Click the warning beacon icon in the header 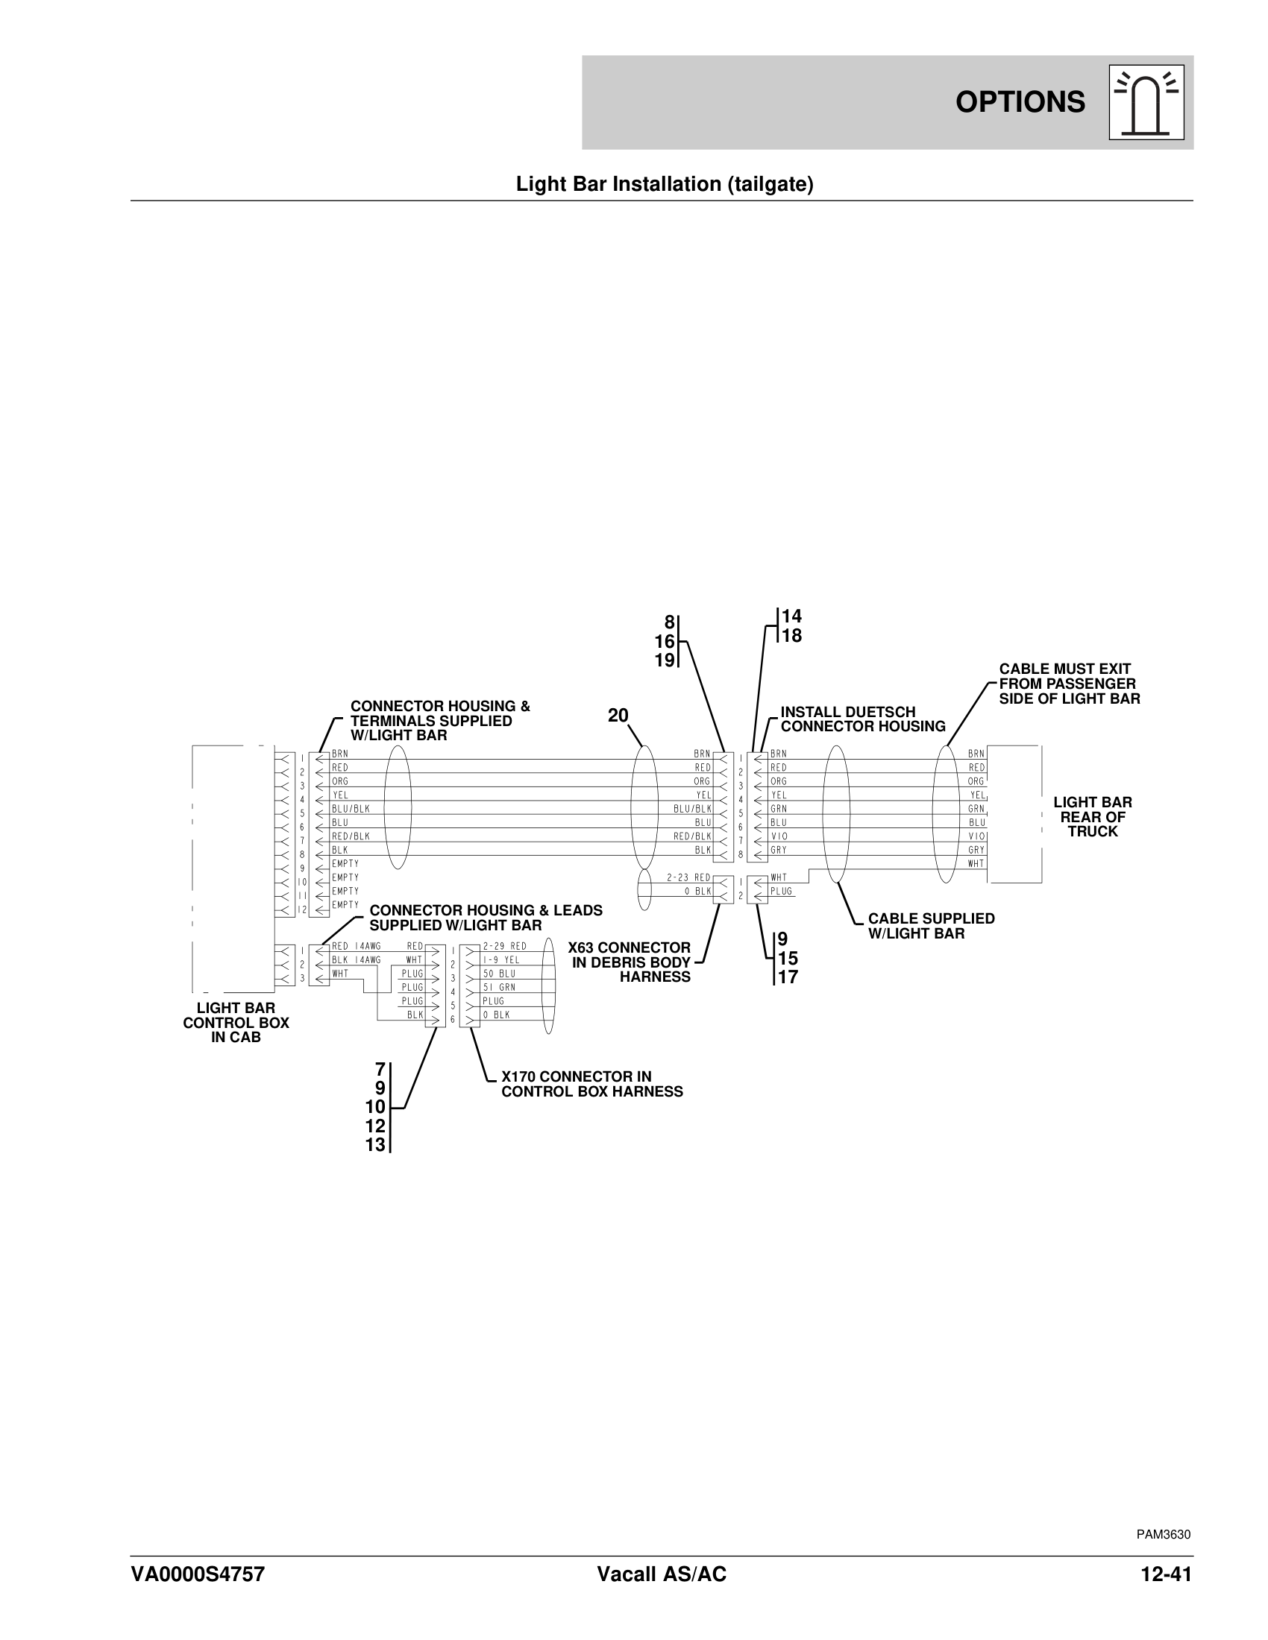click(1146, 102)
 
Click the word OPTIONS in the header click(1020, 102)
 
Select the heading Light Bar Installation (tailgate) click(664, 185)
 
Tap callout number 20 click(618, 716)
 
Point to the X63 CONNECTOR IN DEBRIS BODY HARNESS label click(631, 962)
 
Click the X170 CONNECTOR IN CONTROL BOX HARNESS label click(592, 1085)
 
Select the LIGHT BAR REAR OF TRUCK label click(1092, 817)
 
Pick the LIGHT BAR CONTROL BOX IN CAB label click(236, 1023)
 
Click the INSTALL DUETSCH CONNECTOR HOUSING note click(862, 719)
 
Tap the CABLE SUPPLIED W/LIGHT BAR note click(931, 926)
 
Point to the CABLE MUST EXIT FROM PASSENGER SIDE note click(1069, 684)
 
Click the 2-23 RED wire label click(688, 877)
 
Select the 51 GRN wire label click(499, 988)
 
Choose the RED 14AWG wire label click(356, 946)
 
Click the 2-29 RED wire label click(504, 946)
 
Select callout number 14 click(791, 616)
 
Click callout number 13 click(376, 1145)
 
